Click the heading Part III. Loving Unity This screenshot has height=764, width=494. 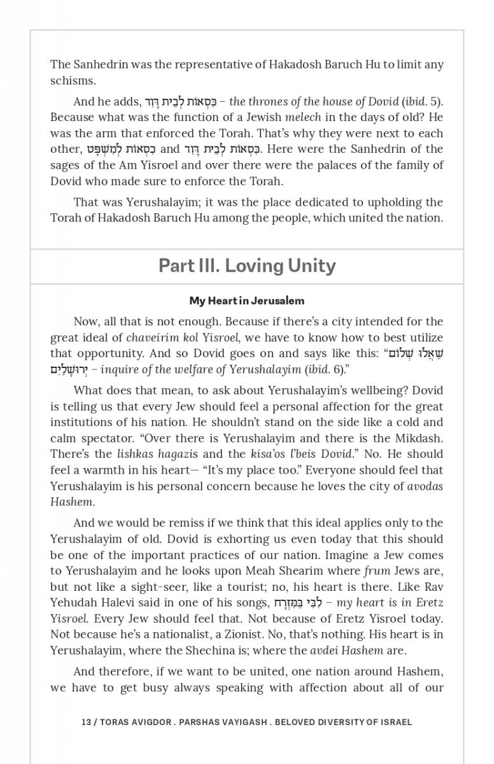pos(247,265)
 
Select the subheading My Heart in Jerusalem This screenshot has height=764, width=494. pos(247,301)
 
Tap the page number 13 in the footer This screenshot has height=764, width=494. pos(87,722)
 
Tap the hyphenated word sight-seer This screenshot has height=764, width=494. pos(136,586)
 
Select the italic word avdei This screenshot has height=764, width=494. pos(324,650)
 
